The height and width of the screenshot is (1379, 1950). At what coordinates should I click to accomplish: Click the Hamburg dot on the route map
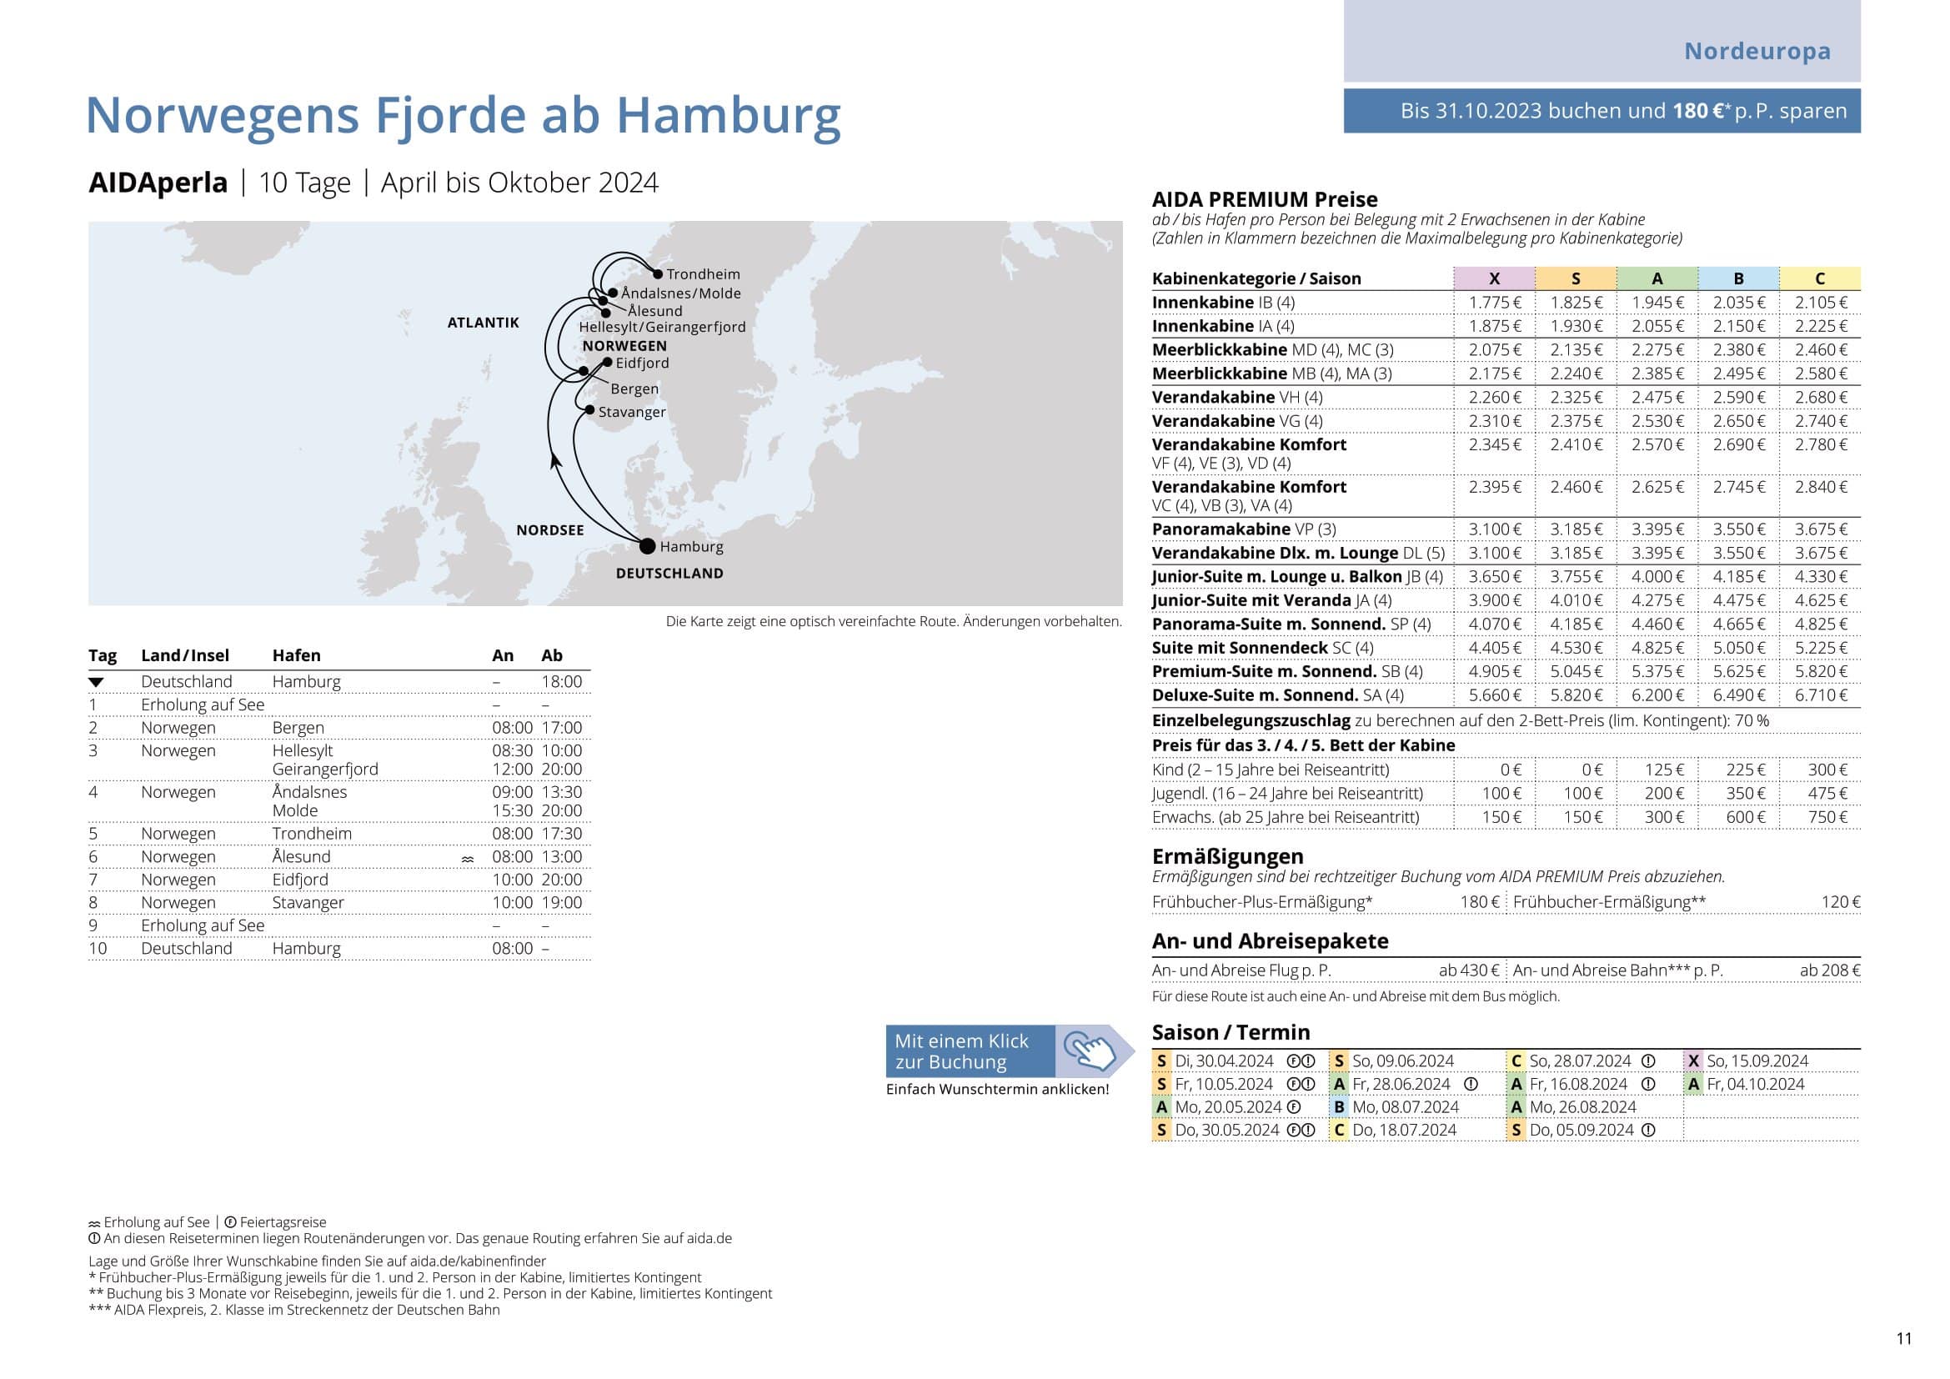pyautogui.click(x=647, y=545)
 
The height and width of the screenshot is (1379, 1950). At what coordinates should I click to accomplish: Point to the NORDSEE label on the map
pyautogui.click(x=549, y=530)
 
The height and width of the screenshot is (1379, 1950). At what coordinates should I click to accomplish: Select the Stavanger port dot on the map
pyautogui.click(x=589, y=409)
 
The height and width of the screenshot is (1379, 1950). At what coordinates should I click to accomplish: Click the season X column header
pyautogui.click(x=1494, y=278)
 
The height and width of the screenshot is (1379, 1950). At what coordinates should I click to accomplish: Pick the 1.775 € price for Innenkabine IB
pyautogui.click(x=1495, y=303)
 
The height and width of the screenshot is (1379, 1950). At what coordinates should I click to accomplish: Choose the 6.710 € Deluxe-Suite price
pyautogui.click(x=1820, y=695)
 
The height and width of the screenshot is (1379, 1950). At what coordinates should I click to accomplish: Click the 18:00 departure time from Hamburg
pyautogui.click(x=561, y=681)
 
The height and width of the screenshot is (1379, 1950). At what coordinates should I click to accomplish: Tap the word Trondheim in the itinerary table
pyautogui.click(x=312, y=833)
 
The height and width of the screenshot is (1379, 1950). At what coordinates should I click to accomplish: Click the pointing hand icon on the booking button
pyautogui.click(x=1090, y=1051)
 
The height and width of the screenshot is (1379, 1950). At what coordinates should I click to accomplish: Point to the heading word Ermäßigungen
pyautogui.click(x=1227, y=856)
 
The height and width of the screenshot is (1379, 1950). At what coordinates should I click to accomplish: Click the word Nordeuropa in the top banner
pyautogui.click(x=1757, y=51)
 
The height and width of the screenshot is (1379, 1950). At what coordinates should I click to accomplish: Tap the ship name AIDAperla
pyautogui.click(x=158, y=183)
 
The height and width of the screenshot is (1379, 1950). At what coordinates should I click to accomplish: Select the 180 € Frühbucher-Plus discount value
pyautogui.click(x=1480, y=902)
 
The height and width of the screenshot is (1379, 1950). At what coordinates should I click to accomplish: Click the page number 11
pyautogui.click(x=1903, y=1338)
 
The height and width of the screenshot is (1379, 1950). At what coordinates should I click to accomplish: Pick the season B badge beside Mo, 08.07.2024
pyautogui.click(x=1339, y=1106)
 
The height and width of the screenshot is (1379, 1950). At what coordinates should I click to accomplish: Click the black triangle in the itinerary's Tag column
pyautogui.click(x=96, y=682)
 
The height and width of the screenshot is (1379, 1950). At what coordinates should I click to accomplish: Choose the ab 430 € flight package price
pyautogui.click(x=1468, y=970)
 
